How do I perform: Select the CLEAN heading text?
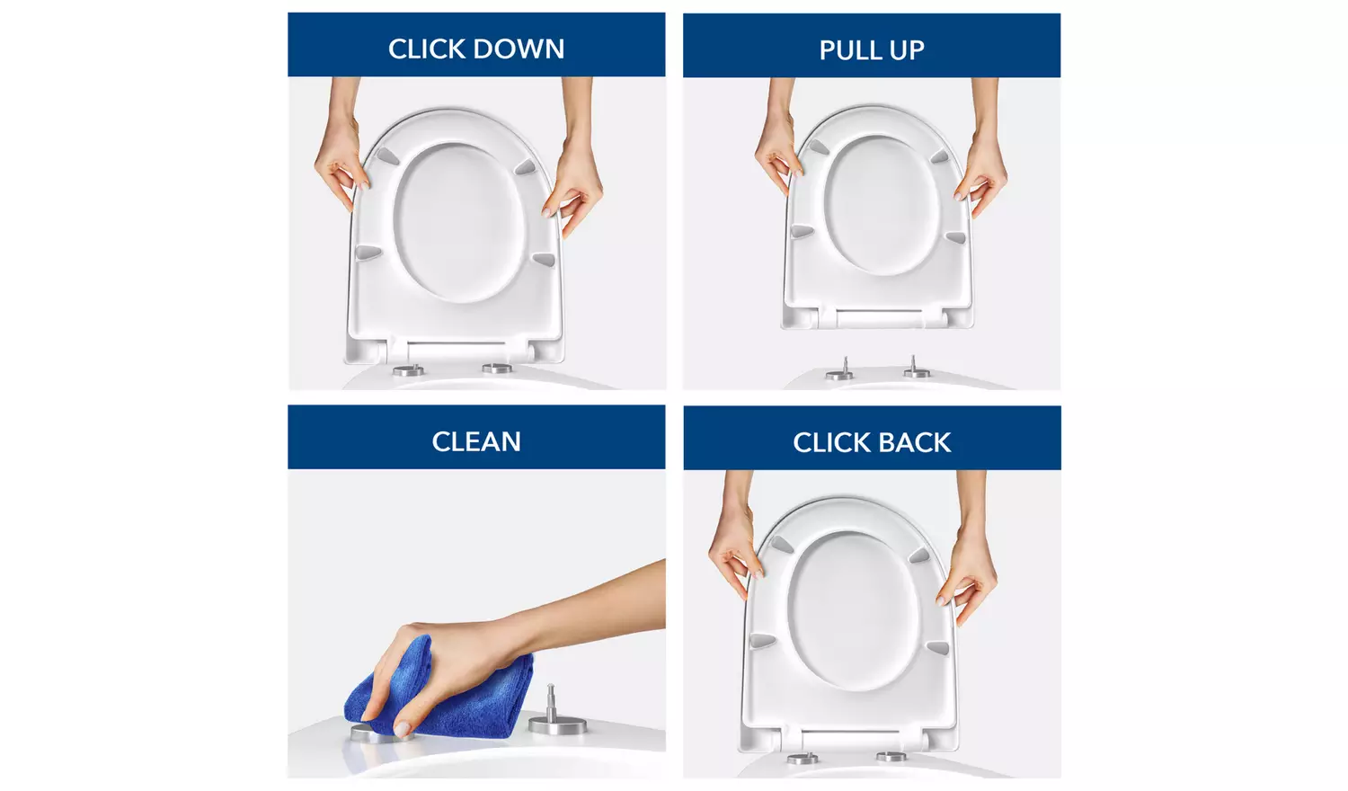(476, 441)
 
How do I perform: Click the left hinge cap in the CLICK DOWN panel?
(408, 369)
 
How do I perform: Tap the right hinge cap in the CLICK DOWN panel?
(497, 368)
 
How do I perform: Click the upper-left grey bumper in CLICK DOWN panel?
(386, 156)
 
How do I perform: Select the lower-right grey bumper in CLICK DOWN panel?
(543, 260)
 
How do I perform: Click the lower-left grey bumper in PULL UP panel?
(802, 231)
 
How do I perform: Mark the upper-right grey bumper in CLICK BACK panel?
(918, 555)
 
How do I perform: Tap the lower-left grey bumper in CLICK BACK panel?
(762, 641)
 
